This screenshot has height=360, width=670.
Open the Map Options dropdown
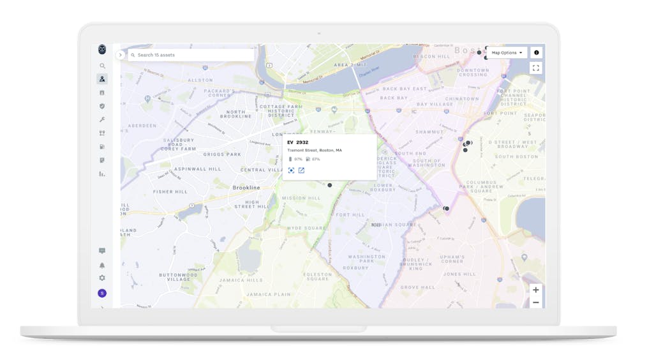click(507, 53)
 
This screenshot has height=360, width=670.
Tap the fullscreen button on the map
click(536, 68)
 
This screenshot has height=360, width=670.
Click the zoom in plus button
click(536, 290)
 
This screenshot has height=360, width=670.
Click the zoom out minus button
click(536, 303)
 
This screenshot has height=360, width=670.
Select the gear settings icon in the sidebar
click(102, 278)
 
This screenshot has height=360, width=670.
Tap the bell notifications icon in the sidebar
click(102, 265)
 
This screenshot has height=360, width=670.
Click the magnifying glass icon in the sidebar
click(102, 66)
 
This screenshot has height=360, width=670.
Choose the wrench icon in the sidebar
click(102, 119)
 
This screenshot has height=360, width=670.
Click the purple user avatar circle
click(102, 294)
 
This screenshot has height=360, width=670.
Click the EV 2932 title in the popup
click(298, 142)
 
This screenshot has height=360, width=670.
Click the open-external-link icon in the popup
click(302, 170)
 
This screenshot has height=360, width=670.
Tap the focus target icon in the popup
click(291, 170)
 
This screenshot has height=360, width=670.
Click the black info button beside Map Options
click(536, 53)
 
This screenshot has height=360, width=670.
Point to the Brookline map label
click(246, 188)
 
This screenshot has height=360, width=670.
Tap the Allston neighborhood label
click(200, 80)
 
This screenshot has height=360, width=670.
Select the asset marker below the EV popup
click(330, 185)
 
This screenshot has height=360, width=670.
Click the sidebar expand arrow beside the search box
click(120, 55)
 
